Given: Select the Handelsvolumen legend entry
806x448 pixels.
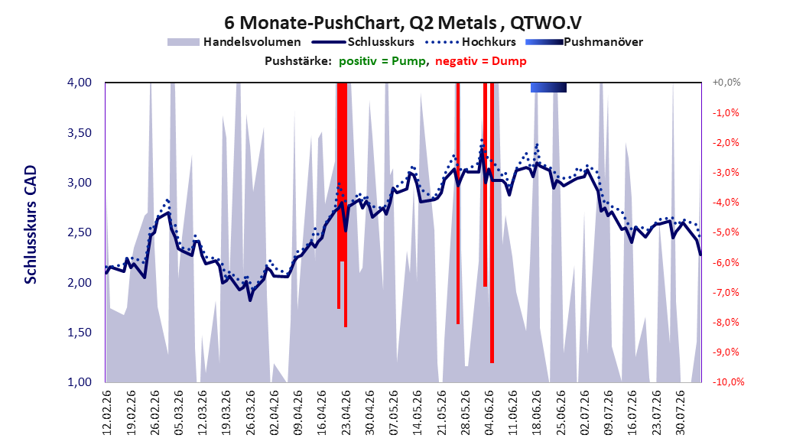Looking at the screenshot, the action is (235, 42).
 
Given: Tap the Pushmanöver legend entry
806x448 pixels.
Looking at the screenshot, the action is (584, 42).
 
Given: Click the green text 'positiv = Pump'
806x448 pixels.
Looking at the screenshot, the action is (382, 61).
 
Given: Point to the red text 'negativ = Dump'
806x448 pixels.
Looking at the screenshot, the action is (481, 61).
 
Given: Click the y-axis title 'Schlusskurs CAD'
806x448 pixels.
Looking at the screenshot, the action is (31, 225).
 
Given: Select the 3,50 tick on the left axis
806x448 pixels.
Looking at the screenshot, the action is (80, 132).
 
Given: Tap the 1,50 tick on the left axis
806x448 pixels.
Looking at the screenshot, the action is (80, 333).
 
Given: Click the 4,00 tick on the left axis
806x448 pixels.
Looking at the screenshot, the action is (80, 83).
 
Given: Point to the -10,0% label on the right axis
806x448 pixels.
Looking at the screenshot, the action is (728, 381).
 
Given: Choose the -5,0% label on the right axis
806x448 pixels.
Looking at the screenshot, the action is (726, 232).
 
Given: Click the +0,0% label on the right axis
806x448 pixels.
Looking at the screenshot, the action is (726, 83).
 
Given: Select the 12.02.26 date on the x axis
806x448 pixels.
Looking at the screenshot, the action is (107, 413).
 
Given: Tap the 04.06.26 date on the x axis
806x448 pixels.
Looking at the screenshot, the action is (489, 413).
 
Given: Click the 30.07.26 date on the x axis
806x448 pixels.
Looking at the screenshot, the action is (680, 413).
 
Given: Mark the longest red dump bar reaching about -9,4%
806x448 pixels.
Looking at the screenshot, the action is (492, 223).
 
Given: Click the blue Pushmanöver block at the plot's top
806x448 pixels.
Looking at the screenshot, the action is (548, 87).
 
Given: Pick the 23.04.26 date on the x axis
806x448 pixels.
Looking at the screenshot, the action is (346, 413).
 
